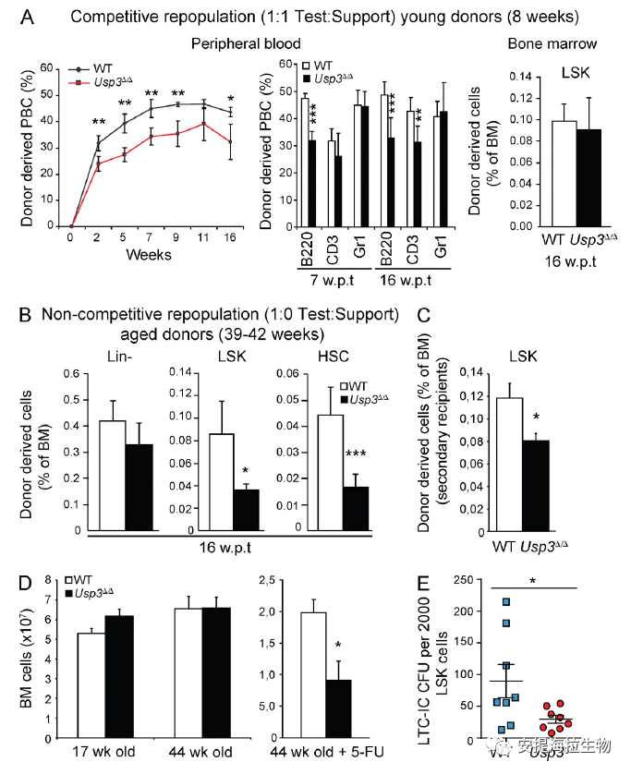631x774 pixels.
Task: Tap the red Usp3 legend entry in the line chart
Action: pos(106,82)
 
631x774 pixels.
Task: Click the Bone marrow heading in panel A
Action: pos(552,43)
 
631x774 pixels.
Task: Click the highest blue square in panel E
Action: pos(505,602)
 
